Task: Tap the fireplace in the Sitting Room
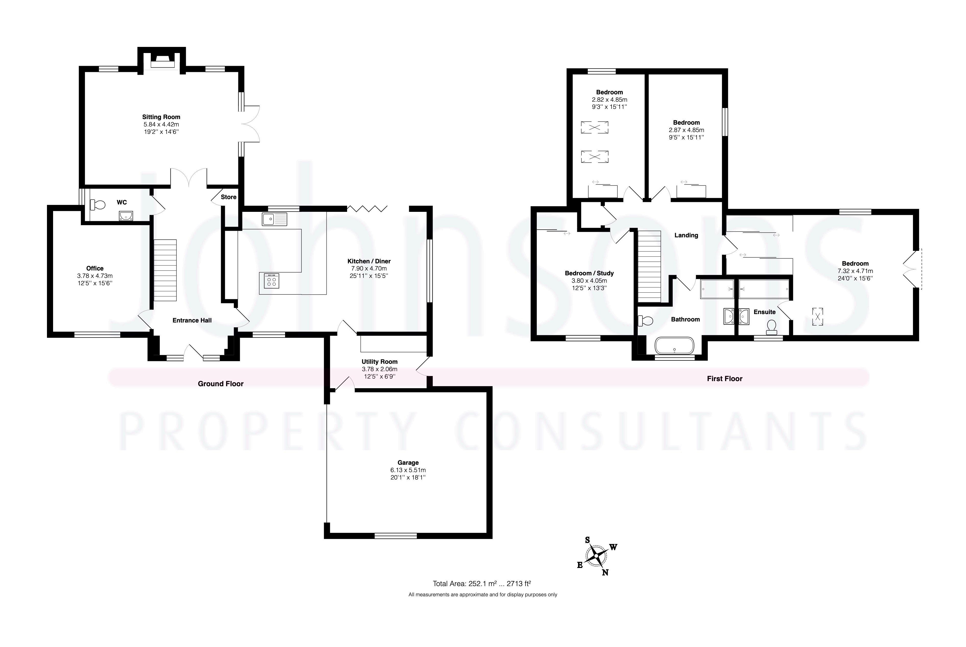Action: pos(162,62)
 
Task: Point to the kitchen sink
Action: pos(274,219)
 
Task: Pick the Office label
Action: pos(95,268)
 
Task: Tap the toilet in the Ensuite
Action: pos(771,327)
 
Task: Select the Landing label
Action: pos(686,235)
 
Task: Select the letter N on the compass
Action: pos(605,572)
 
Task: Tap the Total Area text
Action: pos(482,584)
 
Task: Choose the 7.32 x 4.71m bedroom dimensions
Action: pos(855,271)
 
